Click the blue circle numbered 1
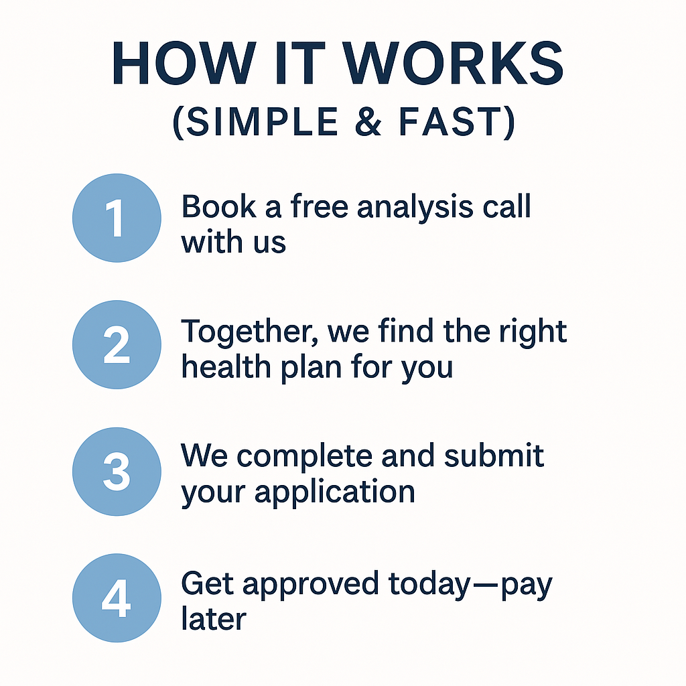click(117, 218)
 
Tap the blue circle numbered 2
click(117, 345)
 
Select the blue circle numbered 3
click(117, 471)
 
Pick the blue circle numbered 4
click(117, 598)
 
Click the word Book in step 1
click(218, 207)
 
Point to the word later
click(214, 618)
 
